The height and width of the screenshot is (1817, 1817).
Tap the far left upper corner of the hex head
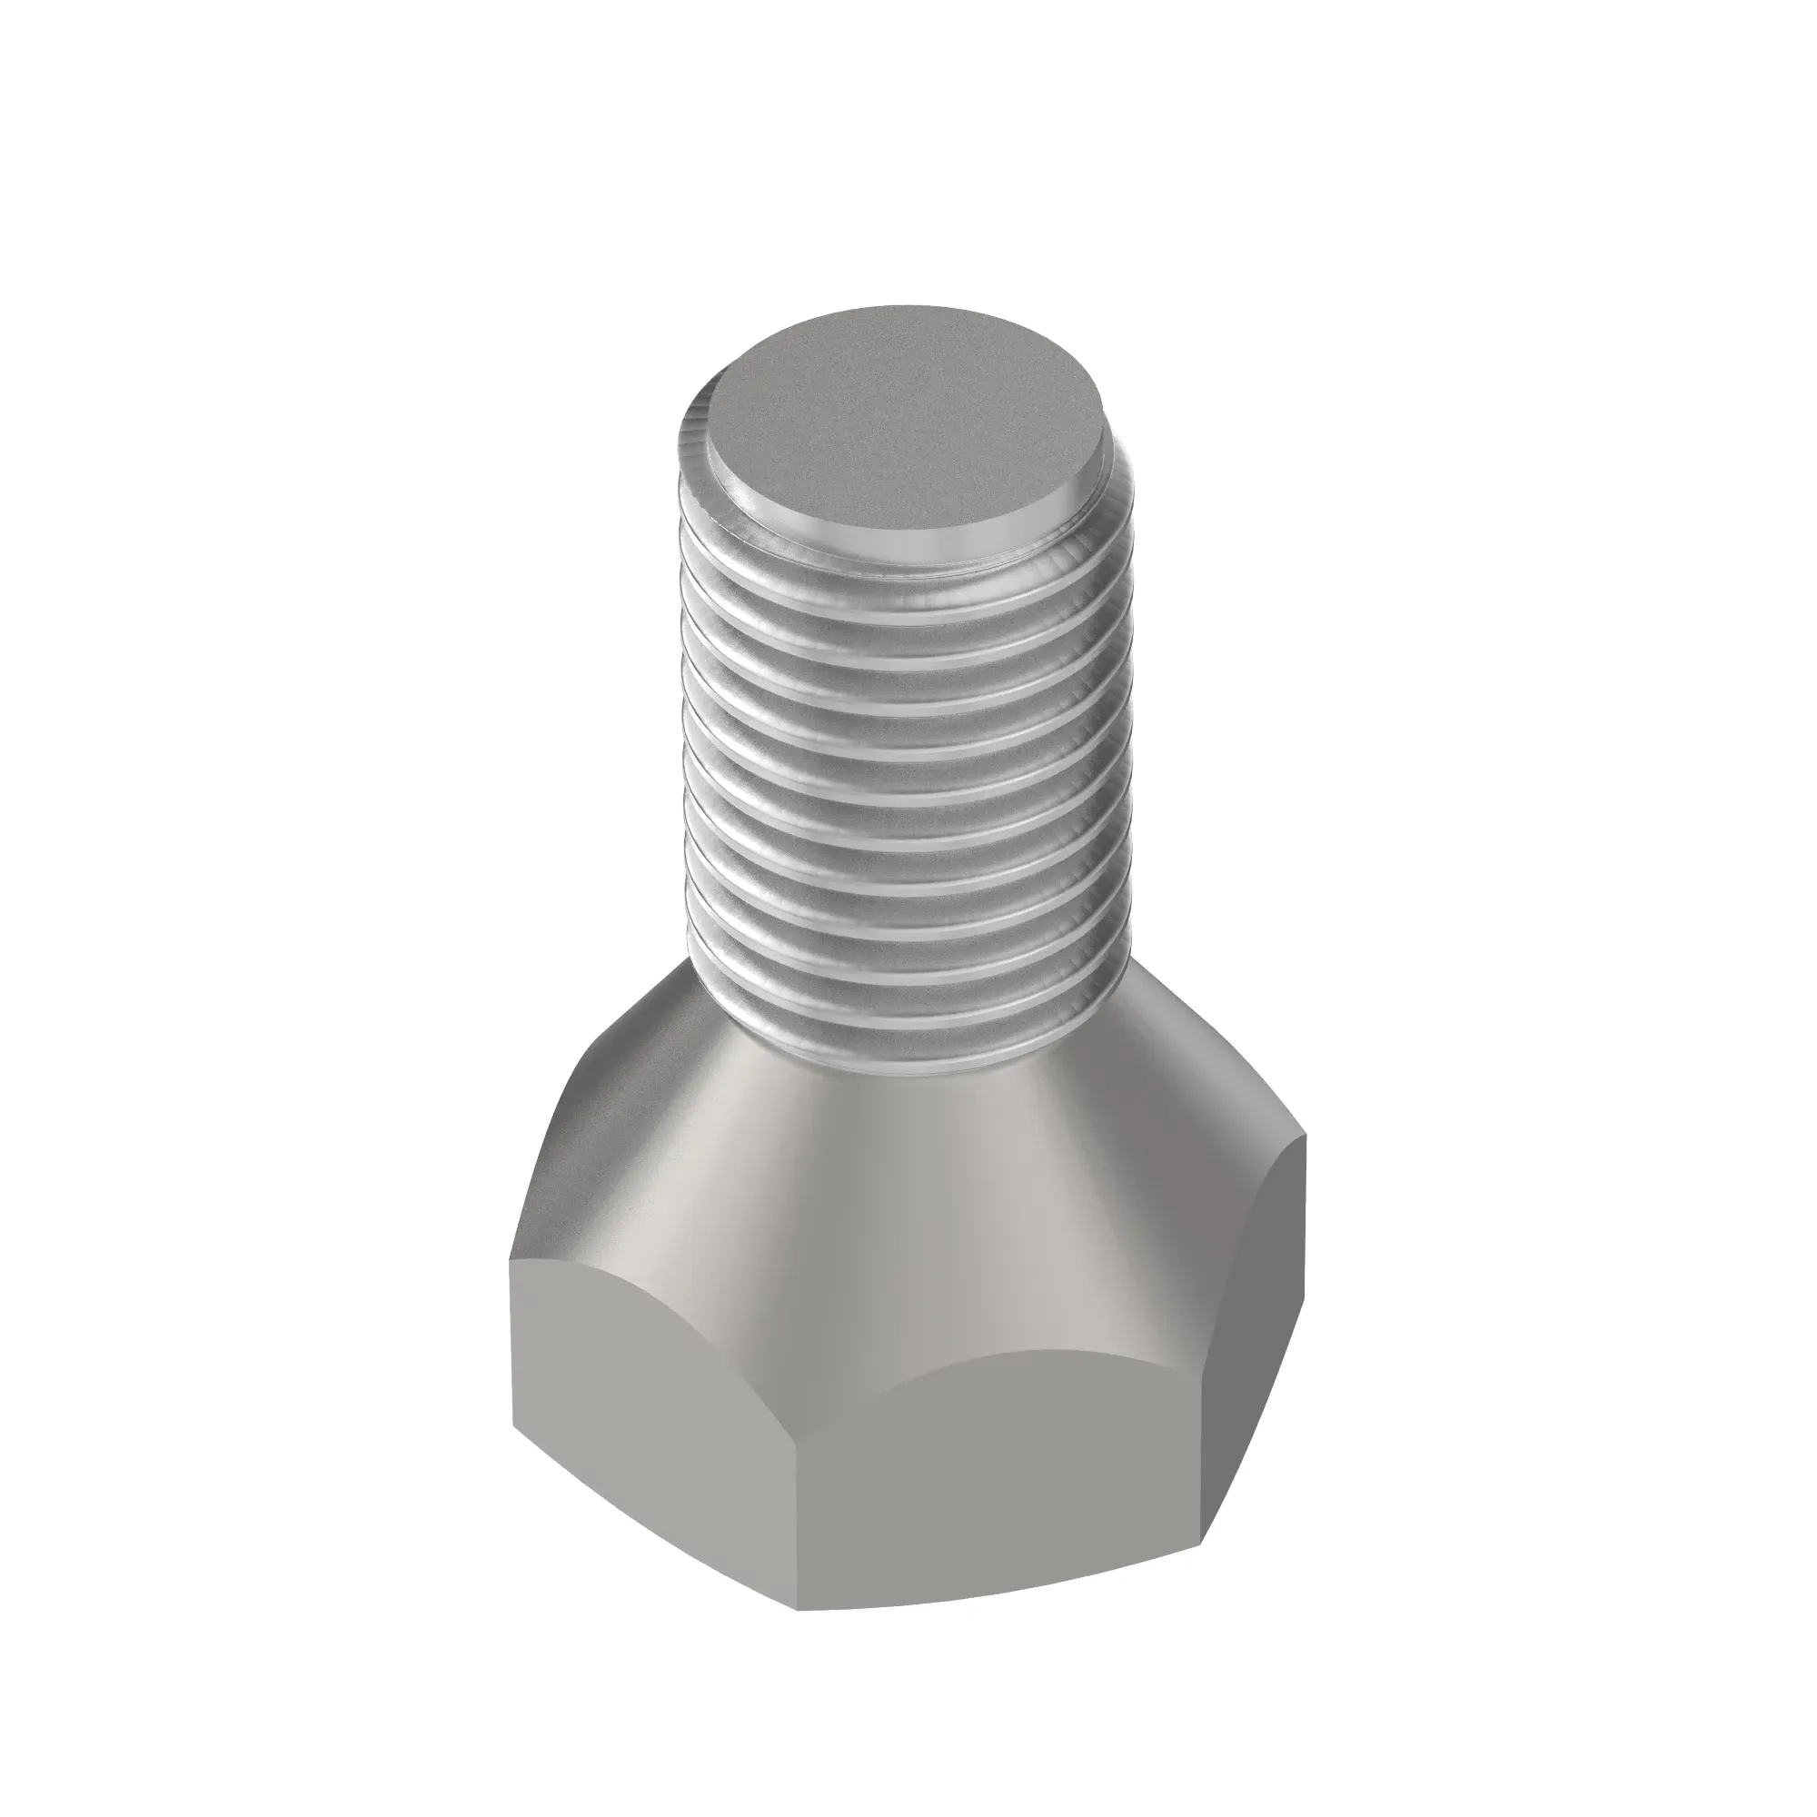511,1261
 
